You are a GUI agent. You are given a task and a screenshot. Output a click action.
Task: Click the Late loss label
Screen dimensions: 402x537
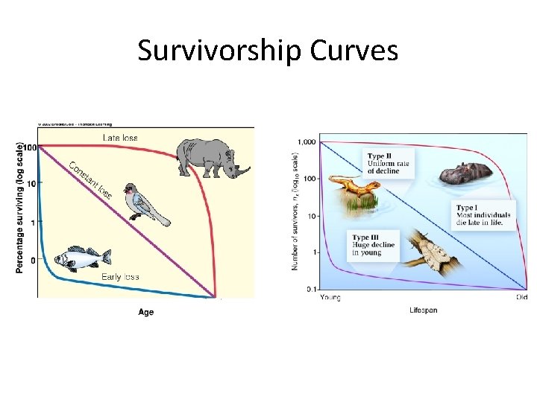119,138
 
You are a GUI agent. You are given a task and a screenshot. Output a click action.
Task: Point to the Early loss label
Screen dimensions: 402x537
120,277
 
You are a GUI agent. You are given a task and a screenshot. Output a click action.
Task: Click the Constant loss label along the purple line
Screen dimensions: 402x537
90,182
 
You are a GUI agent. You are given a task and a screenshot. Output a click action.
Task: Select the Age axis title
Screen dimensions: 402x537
146,312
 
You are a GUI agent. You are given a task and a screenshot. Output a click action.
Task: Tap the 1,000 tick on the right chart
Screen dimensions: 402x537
306,142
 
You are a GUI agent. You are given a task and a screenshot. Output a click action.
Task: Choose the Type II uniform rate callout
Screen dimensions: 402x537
388,164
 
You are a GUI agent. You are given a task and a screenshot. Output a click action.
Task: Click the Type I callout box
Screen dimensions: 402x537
483,214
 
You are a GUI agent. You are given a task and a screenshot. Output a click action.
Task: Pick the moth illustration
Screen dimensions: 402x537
434,252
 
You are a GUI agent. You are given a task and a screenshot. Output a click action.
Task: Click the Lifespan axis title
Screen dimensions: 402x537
423,310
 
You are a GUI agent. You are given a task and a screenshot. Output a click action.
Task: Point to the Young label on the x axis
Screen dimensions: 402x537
330,298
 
